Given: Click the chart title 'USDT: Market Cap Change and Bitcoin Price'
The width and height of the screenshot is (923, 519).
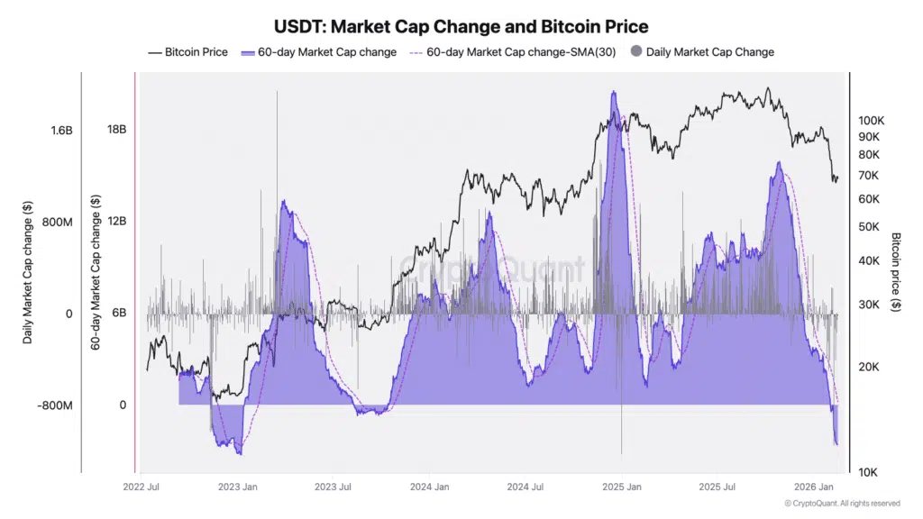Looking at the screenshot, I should pos(461,27).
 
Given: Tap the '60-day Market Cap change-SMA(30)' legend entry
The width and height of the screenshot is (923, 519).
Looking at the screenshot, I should pos(513,52).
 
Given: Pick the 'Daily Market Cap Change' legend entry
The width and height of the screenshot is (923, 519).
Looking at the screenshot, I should pos(710,52).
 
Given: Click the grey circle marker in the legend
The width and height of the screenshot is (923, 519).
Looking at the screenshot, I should pos(637,52).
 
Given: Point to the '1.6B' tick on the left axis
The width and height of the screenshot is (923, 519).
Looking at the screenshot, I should pos(61,131).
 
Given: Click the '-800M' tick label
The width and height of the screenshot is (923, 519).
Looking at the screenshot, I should pos(55,405).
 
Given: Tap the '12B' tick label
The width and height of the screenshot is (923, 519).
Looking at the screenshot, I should pos(116,222).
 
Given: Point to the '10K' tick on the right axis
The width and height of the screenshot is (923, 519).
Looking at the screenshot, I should pos(869,472).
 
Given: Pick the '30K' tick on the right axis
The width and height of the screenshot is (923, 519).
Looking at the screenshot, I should pos(869,305).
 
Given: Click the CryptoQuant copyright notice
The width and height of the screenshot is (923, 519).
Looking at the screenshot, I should pos(842,503).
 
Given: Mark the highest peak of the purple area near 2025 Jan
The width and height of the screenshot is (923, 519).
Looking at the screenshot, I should pos(614,92).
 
